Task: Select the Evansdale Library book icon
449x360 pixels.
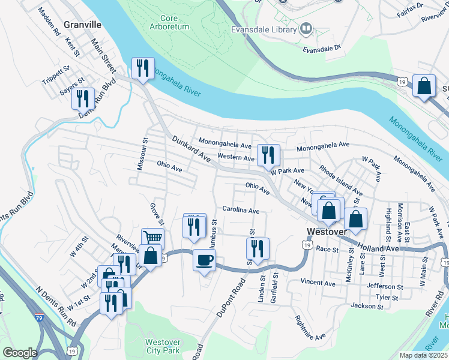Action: [x=306, y=29]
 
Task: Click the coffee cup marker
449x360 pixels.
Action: [x=204, y=260]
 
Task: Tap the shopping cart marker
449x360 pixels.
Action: [x=152, y=238]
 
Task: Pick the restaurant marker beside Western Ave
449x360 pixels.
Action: [x=268, y=155]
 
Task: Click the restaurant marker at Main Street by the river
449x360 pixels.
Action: [x=143, y=68]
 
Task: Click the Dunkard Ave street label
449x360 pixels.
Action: [x=191, y=149]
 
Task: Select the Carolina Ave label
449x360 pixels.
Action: [x=241, y=211]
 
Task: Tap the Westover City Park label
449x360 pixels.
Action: [x=163, y=346]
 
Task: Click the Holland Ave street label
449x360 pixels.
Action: [x=378, y=246]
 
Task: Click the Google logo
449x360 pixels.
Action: [x=20, y=353]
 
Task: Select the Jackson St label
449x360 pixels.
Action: [x=367, y=307]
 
